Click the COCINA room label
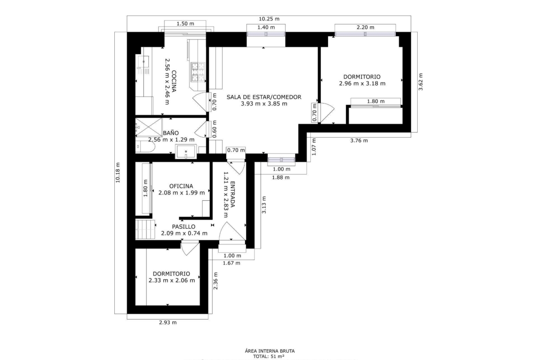(174, 82)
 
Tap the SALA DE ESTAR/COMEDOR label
(264, 97)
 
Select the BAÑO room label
(171, 133)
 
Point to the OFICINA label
(181, 186)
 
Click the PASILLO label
(184, 227)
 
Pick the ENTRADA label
(233, 194)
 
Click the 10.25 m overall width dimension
(269, 19)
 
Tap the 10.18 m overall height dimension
(118, 172)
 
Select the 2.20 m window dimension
(365, 28)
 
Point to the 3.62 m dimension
(421, 82)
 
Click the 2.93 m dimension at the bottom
(168, 322)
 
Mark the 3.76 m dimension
(359, 140)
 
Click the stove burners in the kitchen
(198, 72)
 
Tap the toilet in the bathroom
(145, 147)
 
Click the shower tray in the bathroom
(149, 127)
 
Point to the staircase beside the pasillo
(145, 229)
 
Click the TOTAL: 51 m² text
(269, 356)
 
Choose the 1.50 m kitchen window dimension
(185, 23)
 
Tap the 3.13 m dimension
(264, 205)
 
